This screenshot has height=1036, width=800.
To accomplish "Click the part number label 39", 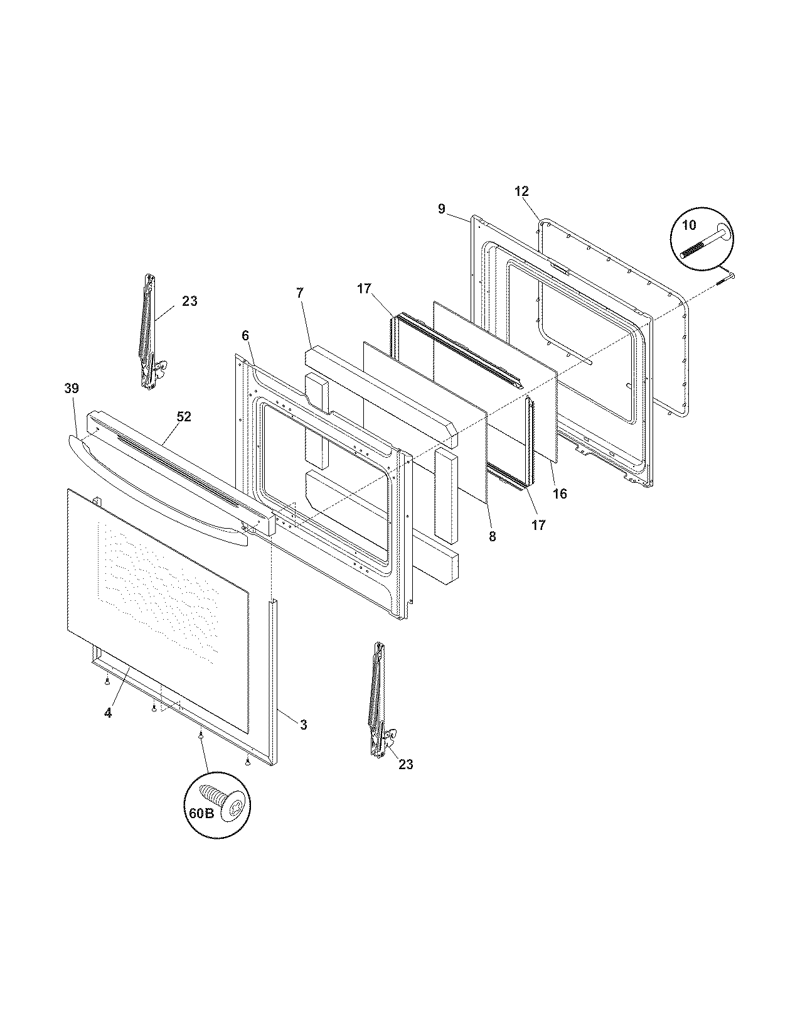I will (72, 389).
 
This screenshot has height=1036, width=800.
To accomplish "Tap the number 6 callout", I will (245, 336).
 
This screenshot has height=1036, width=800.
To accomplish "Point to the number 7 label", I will (300, 293).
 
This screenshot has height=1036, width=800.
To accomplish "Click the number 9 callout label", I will (442, 209).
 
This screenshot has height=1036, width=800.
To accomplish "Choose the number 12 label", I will (522, 192).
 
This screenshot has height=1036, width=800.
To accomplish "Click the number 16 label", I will (560, 494).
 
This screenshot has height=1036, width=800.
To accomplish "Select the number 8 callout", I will (492, 537).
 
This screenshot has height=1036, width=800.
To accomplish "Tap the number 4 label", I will (108, 713).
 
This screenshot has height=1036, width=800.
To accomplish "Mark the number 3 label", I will (303, 725).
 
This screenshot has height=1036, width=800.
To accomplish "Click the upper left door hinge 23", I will (148, 333).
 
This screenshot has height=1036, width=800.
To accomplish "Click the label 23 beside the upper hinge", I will (189, 301).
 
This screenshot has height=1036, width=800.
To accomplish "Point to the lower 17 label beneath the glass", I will (538, 525).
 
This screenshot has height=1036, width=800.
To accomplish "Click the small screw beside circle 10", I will (725, 278).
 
